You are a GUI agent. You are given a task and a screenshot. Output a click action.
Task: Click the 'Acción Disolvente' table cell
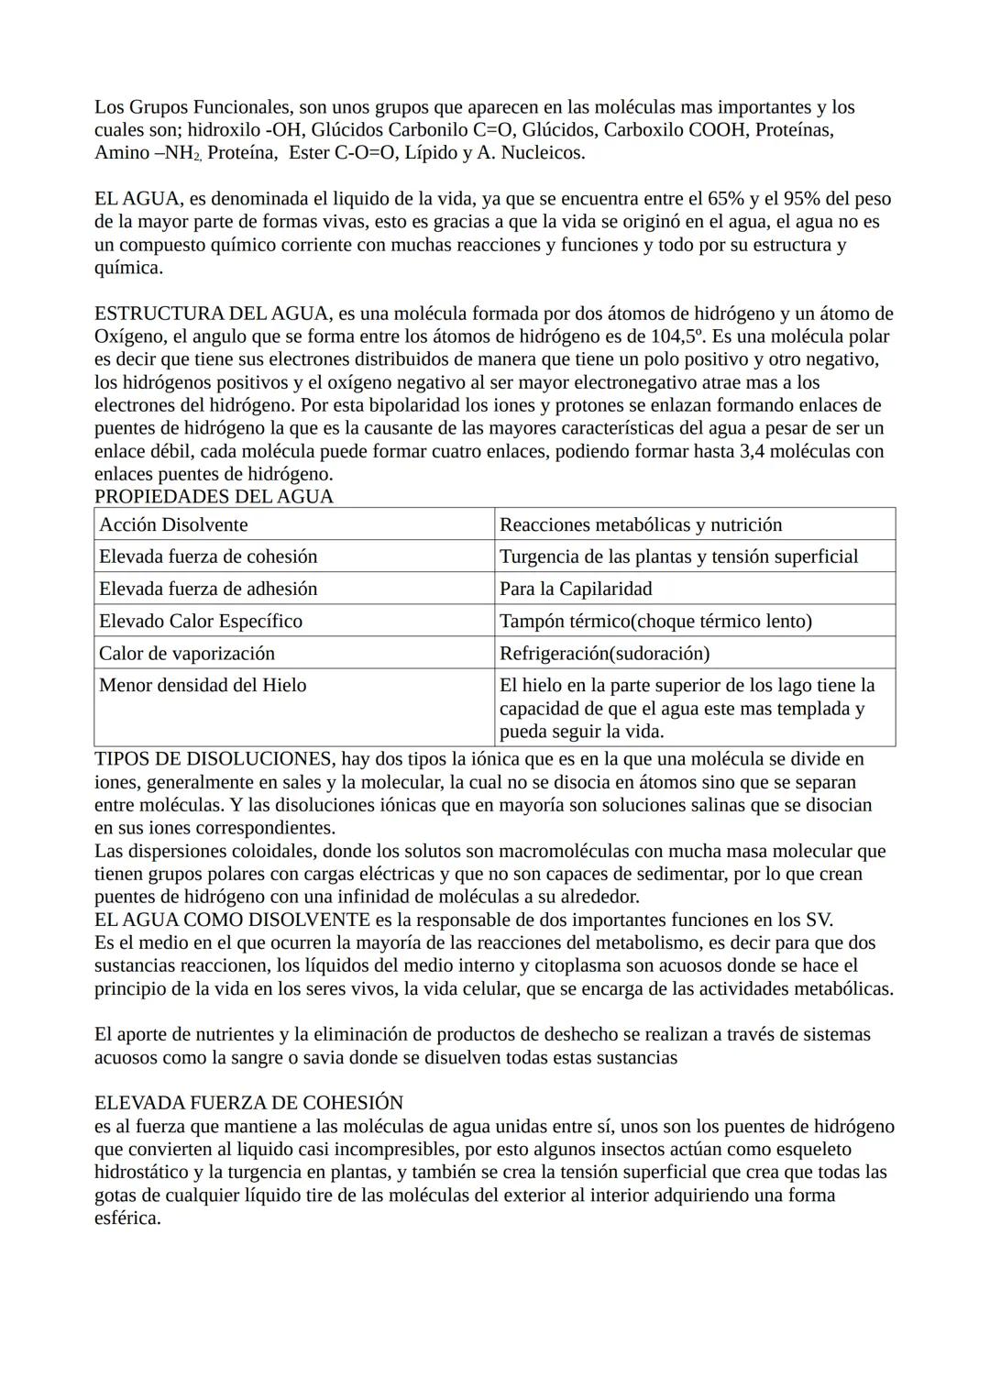tap(173, 524)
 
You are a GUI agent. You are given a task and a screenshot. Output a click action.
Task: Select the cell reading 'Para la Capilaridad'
tap(576, 589)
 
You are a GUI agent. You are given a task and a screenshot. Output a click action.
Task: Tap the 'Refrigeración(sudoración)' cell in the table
tap(604, 653)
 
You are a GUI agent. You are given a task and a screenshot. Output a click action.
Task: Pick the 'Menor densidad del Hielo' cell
tap(203, 685)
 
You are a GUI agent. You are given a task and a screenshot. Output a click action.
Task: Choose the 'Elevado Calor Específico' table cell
tap(201, 621)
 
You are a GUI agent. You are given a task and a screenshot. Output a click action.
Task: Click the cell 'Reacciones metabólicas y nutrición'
tap(641, 524)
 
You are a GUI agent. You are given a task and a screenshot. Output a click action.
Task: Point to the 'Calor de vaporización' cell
tap(187, 653)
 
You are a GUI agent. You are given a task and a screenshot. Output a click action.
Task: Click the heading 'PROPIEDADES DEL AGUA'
tap(214, 497)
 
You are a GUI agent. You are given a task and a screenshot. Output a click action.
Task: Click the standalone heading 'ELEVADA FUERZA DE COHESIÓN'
tap(248, 1103)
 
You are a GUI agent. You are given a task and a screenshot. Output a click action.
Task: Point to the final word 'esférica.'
tap(127, 1218)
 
